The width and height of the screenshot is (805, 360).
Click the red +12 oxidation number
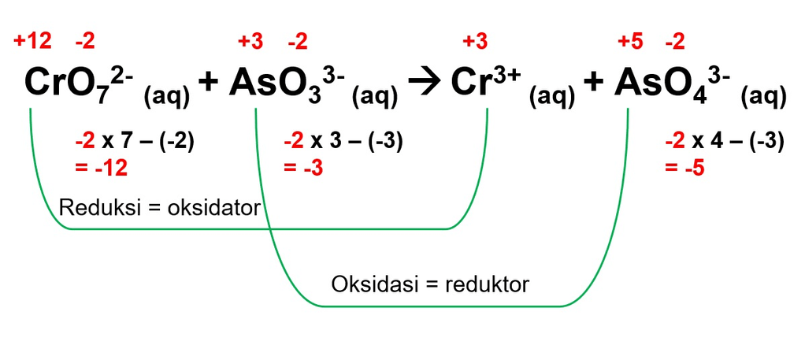(x=32, y=41)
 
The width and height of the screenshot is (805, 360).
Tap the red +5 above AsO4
(x=632, y=41)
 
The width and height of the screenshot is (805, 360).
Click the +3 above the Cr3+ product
(x=474, y=41)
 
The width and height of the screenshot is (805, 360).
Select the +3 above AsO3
(x=253, y=41)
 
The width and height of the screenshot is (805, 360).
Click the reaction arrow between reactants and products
(x=425, y=83)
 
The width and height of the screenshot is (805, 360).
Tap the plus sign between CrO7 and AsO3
(x=208, y=83)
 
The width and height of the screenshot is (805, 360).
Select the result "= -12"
(x=101, y=167)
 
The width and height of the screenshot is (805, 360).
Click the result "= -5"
(x=684, y=167)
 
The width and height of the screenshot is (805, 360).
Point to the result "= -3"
(x=303, y=167)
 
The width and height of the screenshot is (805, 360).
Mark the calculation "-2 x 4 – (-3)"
(x=724, y=142)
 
